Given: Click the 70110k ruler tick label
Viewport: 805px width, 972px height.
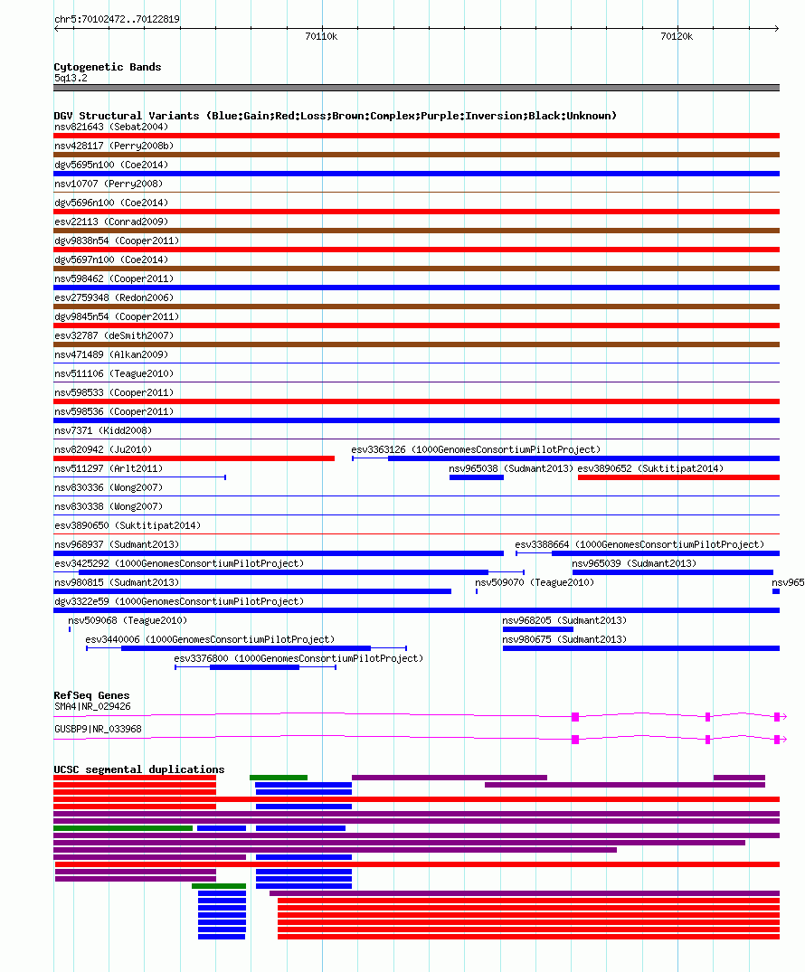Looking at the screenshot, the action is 321,36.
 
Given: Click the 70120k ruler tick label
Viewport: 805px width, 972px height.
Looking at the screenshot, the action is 677,36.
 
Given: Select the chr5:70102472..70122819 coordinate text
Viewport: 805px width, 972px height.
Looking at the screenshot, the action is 118,19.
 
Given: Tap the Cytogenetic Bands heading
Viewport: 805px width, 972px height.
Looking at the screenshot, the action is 108,67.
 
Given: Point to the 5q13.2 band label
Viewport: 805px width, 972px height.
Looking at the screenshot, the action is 71,78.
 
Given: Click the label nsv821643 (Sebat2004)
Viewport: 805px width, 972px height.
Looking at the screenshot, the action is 111,127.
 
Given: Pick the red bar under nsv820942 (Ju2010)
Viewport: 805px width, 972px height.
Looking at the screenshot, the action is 194,458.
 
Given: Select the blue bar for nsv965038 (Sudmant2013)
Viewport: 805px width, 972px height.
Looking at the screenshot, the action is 477,477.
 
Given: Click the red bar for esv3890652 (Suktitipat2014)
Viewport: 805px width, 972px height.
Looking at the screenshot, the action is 678,477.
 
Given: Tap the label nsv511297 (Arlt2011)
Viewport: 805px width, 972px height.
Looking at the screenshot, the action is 109,468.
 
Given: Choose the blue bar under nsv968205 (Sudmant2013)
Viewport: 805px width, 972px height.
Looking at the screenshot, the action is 537,629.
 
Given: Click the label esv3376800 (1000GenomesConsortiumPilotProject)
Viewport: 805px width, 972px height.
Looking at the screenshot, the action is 298,658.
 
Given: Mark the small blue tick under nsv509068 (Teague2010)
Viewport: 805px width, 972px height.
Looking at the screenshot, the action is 70,629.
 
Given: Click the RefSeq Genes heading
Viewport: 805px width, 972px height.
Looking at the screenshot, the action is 91,695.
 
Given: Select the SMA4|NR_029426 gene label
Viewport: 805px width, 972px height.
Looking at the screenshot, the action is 92,707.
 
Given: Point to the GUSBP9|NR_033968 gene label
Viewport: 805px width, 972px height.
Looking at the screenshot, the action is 98,729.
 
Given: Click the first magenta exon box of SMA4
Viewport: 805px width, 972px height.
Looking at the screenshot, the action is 575,717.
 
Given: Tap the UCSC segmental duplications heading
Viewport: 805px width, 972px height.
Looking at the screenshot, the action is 139,769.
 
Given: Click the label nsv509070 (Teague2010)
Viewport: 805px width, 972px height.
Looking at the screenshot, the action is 535,582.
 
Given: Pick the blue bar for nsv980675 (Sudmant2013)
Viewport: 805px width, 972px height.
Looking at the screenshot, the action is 641,648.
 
